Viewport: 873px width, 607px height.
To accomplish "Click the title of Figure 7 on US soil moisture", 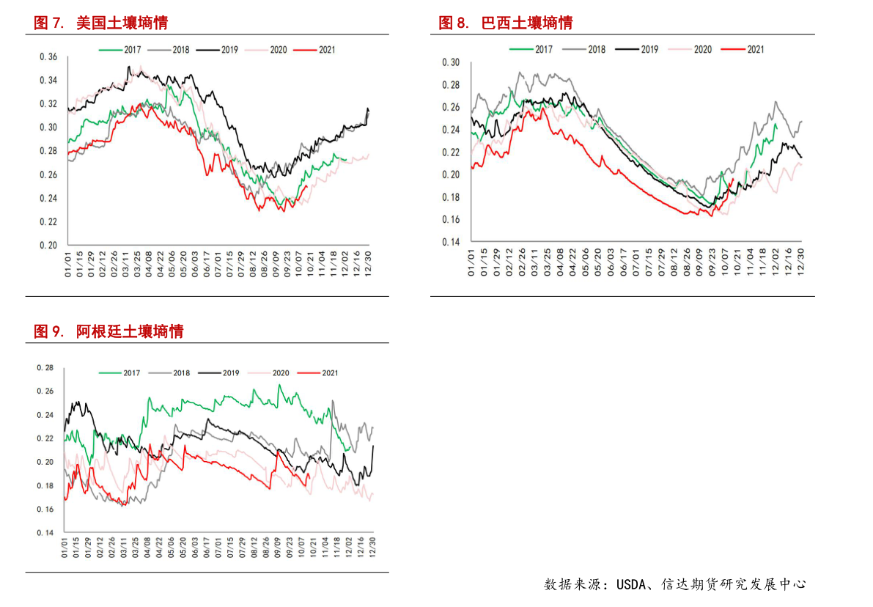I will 101,23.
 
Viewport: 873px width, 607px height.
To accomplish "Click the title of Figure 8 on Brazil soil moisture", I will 505,23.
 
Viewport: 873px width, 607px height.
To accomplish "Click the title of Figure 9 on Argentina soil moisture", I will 108,331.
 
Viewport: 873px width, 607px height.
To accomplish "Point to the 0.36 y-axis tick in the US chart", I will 48,56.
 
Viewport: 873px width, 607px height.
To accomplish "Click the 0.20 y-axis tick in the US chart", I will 48,245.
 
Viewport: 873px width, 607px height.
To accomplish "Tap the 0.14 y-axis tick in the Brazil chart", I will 451,242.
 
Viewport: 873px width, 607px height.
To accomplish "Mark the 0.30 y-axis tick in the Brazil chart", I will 451,62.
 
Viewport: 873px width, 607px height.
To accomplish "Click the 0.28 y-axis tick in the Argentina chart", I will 45,368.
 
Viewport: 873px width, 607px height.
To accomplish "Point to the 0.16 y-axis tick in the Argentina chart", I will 45,509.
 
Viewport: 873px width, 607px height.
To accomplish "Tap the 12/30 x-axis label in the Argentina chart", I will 372,547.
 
